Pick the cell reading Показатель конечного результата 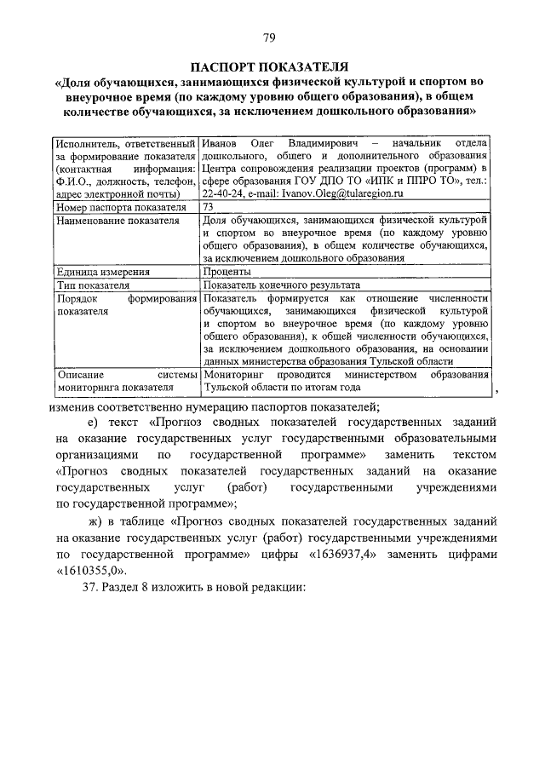(x=281, y=285)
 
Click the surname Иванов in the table (x=220, y=142)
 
